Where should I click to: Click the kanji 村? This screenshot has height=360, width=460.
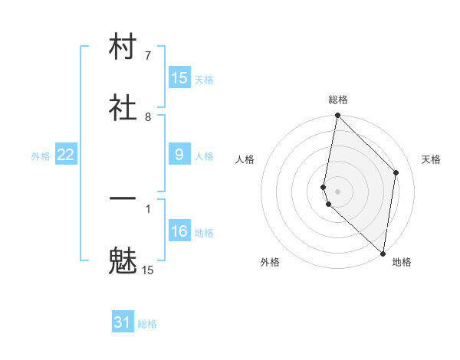point(123,47)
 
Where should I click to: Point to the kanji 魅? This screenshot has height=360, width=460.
point(123,261)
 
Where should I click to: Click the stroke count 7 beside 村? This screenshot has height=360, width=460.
point(148,56)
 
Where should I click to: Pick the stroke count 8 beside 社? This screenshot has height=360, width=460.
point(148,117)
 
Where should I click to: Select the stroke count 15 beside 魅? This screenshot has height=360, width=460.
point(148,270)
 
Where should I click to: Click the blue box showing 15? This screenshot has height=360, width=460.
point(179,78)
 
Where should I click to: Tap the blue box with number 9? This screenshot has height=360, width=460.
point(179,155)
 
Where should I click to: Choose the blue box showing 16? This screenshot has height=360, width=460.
point(179,231)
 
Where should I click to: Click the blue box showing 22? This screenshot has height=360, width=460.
point(66,155)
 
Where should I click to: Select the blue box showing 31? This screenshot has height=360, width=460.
point(123,322)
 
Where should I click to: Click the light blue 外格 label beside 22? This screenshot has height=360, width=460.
point(41,156)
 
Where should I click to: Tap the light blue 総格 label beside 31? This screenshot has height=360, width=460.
point(147,324)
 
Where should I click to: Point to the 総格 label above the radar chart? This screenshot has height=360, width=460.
point(338,100)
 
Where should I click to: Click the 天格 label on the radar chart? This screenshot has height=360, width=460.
point(431,159)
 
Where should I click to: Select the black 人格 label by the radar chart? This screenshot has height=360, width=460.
point(245,159)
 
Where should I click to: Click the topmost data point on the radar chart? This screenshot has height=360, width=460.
point(337,116)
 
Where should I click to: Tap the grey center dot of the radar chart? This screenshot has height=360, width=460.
point(337,191)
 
